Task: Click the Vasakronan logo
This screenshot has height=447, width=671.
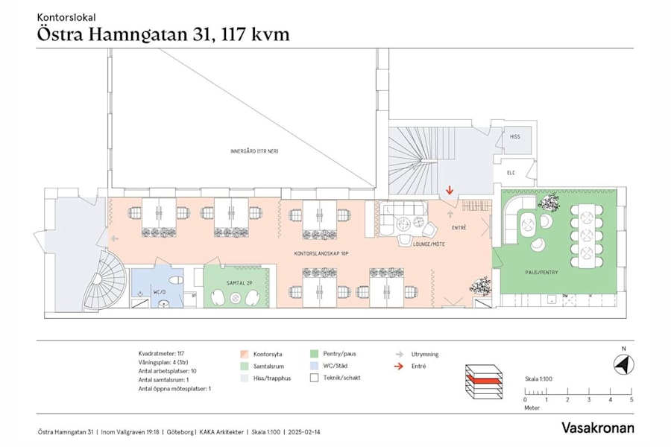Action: pyautogui.click(x=597, y=428)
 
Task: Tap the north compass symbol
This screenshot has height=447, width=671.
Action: pyautogui.click(x=623, y=365)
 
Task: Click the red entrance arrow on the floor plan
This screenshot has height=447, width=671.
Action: pyautogui.click(x=449, y=193)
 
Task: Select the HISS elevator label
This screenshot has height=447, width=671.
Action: pyautogui.click(x=514, y=137)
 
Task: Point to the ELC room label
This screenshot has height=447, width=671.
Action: pyautogui.click(x=511, y=173)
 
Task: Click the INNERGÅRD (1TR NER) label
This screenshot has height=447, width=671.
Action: pyautogui.click(x=254, y=151)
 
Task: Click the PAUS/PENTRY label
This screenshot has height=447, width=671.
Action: pyautogui.click(x=541, y=273)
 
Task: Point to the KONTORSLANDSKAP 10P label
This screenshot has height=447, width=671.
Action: pyautogui.click(x=321, y=254)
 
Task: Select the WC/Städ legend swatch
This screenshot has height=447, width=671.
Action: pyautogui.click(x=315, y=367)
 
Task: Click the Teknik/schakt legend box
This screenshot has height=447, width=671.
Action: pyautogui.click(x=315, y=378)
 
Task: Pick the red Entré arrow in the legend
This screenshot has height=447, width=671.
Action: pyautogui.click(x=399, y=367)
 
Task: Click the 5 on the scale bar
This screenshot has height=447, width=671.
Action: pyautogui.click(x=631, y=400)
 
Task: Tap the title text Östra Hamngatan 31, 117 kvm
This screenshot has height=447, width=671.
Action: pyautogui.click(x=163, y=34)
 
